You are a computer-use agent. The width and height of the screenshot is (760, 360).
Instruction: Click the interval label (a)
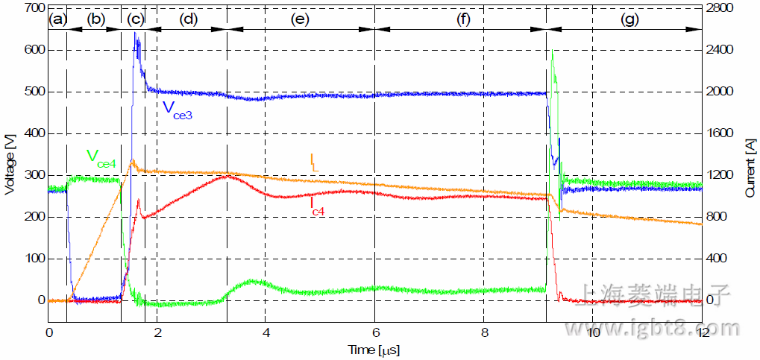[57, 20]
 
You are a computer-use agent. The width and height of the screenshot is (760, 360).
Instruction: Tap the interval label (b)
[96, 20]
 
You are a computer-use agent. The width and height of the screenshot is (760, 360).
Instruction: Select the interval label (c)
[136, 20]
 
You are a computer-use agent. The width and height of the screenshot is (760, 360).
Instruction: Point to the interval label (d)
[188, 20]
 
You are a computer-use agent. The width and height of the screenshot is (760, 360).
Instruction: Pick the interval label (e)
[301, 20]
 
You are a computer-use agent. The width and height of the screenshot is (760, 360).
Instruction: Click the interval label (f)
[464, 20]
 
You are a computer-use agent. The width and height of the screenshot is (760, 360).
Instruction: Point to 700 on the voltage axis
[34, 8]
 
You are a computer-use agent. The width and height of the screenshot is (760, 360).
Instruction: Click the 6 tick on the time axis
[376, 332]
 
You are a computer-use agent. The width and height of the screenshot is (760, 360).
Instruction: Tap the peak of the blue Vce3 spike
[135, 33]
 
